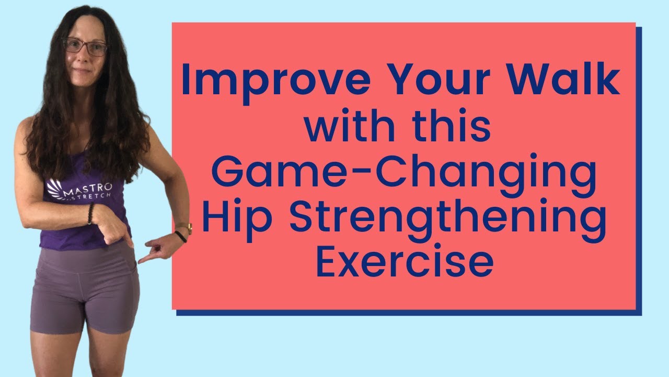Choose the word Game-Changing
pos(403,176)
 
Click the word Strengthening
pos(447,220)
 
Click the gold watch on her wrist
pos(185,228)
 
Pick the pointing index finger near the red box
pos(145,258)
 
